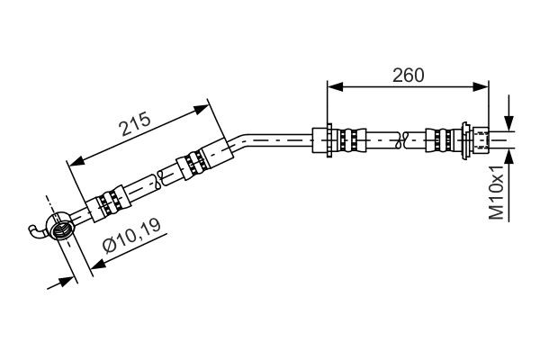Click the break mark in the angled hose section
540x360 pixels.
click(159, 179)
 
